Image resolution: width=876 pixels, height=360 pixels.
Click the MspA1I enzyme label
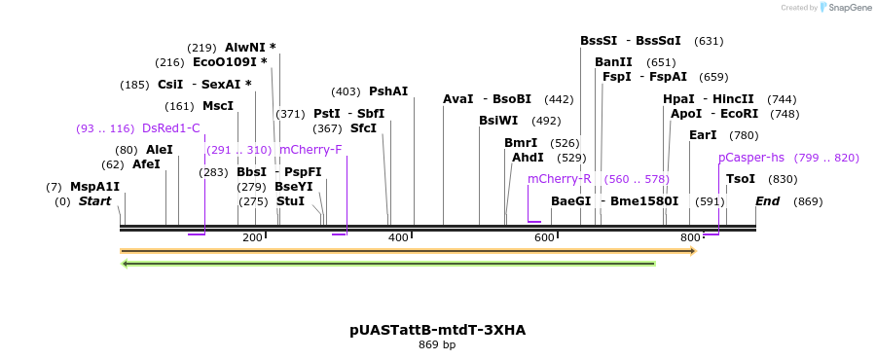point(94,187)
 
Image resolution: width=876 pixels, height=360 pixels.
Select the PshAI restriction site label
point(388,91)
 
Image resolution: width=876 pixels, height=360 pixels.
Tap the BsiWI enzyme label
point(498,121)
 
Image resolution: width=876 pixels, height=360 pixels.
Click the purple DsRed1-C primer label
point(170,128)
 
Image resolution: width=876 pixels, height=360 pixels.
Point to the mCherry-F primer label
point(310,150)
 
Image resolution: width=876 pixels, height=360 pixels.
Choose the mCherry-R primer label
point(559,179)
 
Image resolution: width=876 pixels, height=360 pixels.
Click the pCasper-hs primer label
point(750,158)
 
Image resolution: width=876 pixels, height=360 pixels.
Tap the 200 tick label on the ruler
point(252,238)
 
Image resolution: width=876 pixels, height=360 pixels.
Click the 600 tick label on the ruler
point(544,238)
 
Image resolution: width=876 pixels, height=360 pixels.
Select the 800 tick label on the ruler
point(690,238)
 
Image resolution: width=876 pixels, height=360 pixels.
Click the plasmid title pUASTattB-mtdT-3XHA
point(437,330)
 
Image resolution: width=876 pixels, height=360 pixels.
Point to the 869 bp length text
point(437,344)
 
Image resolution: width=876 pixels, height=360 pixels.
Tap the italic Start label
point(94,201)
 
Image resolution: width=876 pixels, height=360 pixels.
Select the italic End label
point(767,201)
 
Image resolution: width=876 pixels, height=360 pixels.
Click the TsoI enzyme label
point(741,179)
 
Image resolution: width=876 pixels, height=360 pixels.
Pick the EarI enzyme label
point(703,135)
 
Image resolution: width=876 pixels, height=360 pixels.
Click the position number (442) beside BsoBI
point(559,99)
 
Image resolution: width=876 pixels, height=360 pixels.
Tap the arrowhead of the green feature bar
point(125,263)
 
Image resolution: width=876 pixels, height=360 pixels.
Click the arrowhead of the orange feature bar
point(694,251)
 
